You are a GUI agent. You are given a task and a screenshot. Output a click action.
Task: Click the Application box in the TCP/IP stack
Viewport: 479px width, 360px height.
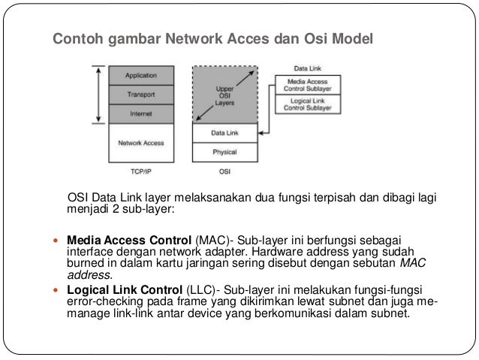tap(141, 76)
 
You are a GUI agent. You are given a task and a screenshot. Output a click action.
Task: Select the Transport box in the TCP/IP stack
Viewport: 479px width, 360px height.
tap(141, 95)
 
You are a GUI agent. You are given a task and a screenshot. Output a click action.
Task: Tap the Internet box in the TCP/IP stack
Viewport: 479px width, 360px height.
tap(141, 114)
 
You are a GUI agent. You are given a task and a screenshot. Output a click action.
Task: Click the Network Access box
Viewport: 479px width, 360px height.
tap(141, 142)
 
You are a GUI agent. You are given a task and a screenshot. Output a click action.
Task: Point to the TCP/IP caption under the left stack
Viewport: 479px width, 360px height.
tap(141, 171)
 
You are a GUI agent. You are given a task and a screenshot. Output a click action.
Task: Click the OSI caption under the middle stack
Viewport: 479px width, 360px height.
tap(224, 171)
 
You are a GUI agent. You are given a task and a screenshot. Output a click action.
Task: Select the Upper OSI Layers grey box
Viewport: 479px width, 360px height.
tap(224, 94)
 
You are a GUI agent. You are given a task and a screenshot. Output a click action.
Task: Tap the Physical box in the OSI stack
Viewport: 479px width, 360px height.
tap(224, 152)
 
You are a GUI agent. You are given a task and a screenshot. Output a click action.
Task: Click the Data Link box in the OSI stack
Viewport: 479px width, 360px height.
tap(224, 133)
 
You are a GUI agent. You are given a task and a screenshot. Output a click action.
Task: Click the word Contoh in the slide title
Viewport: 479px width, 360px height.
tap(74, 38)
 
